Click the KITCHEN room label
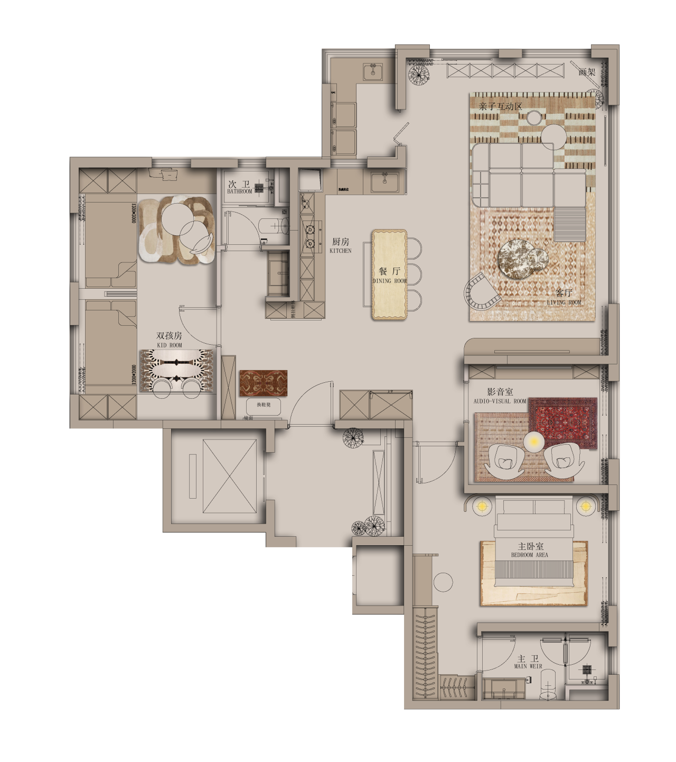pyautogui.click(x=340, y=251)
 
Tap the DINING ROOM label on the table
pyautogui.click(x=390, y=281)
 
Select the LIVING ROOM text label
pyautogui.click(x=564, y=302)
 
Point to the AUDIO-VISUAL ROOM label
pyautogui.click(x=500, y=401)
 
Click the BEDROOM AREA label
pyautogui.click(x=530, y=555)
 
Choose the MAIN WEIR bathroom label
pyautogui.click(x=528, y=666)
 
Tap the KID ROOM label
pyautogui.click(x=169, y=345)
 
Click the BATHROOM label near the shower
pyautogui.click(x=240, y=191)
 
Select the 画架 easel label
pyautogui.click(x=587, y=72)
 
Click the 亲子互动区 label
pyautogui.click(x=500, y=107)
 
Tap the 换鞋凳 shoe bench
pyautogui.click(x=264, y=405)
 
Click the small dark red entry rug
pyautogui.click(x=263, y=383)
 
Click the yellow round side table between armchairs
pyautogui.click(x=534, y=442)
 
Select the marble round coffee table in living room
pyautogui.click(x=517, y=258)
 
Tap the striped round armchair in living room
pyautogui.click(x=480, y=293)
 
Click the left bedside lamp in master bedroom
pyautogui.click(x=481, y=507)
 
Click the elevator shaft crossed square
pyautogui.click(x=229, y=476)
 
